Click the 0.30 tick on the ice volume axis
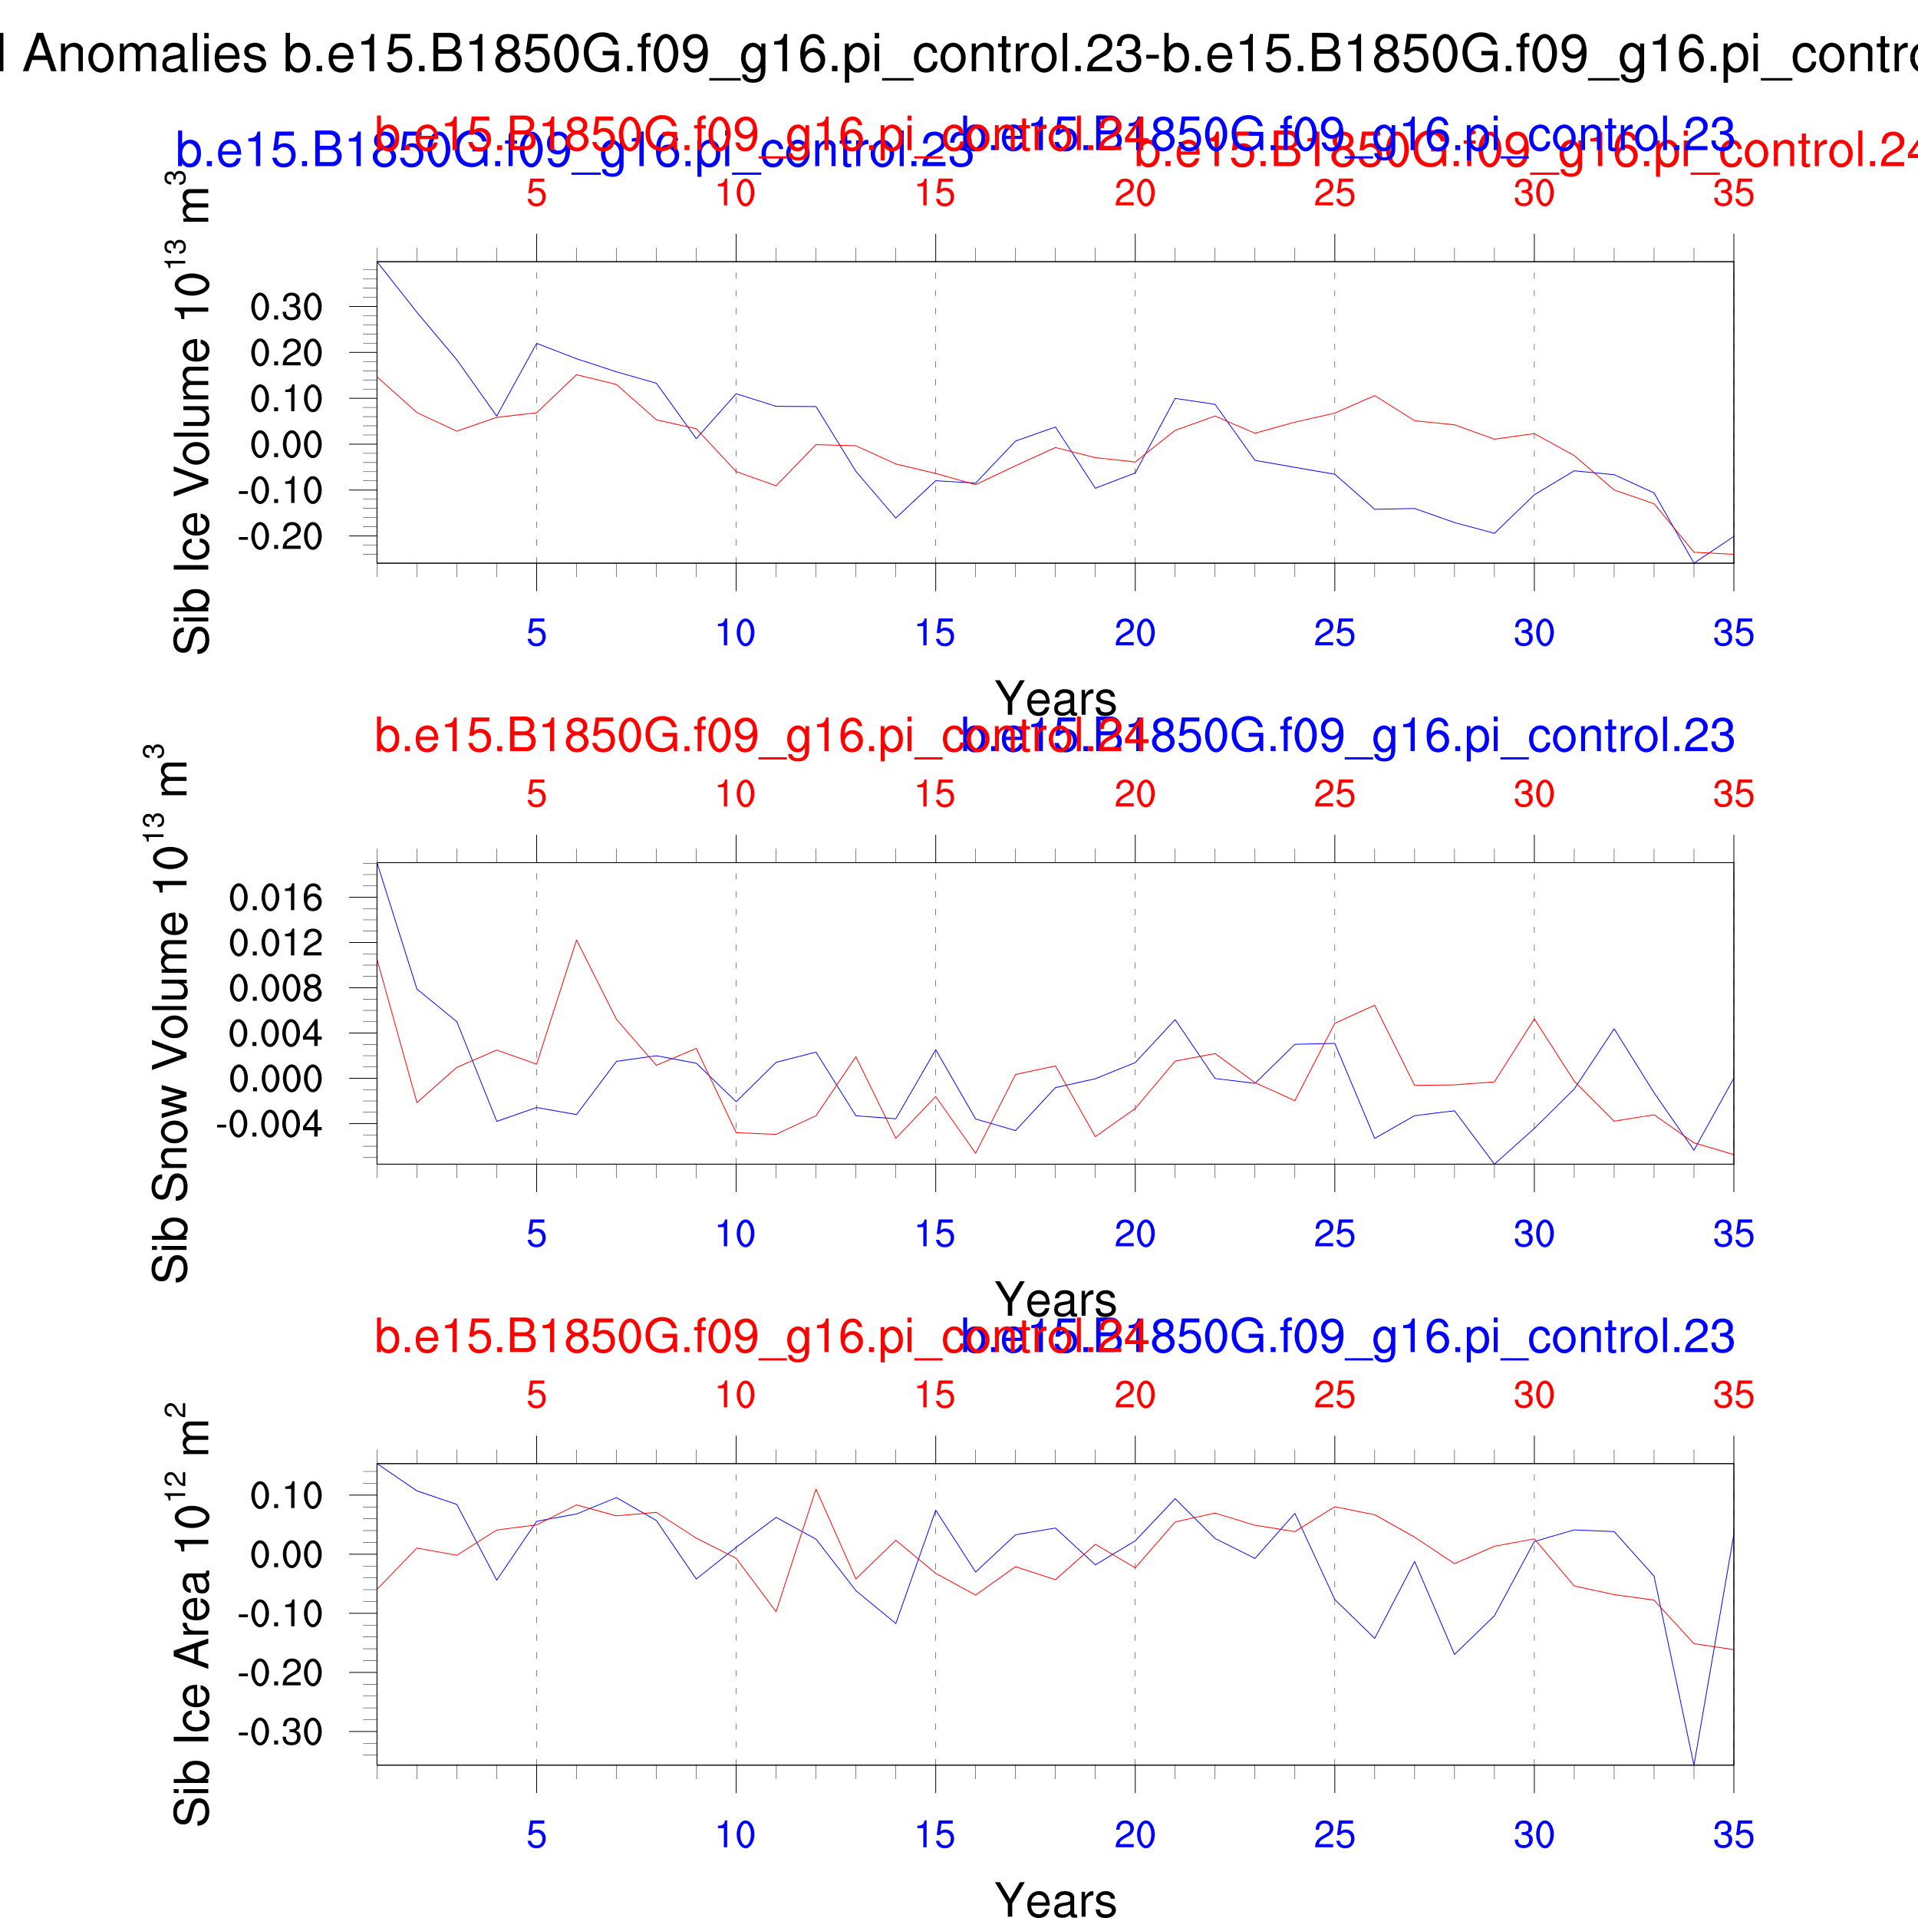tap(286, 308)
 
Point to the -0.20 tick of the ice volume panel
tap(280, 537)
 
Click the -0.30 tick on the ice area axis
tap(280, 1732)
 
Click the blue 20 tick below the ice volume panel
tap(1135, 632)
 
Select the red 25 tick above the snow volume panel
tap(1334, 794)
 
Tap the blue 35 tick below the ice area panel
tap(1733, 1834)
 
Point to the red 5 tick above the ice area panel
tap(536, 1395)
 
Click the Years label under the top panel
tap(1056, 699)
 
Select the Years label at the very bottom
tap(1056, 1897)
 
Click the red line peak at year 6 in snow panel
tap(577, 940)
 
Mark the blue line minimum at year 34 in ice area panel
tap(1694, 1763)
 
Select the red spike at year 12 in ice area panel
tap(816, 1489)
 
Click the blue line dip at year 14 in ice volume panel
tap(895, 517)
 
